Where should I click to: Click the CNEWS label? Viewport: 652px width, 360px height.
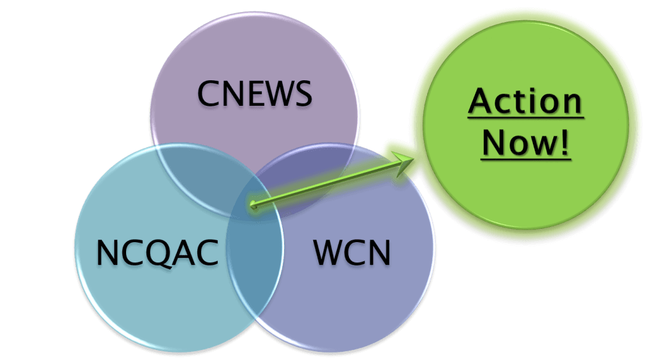click(255, 94)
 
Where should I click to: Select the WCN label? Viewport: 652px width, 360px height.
click(352, 253)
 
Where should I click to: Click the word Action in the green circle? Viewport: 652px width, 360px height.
click(525, 102)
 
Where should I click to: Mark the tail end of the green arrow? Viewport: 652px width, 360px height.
click(253, 205)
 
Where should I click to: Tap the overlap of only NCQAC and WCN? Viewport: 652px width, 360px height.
click(255, 268)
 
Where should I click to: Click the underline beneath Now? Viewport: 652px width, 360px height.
click(525, 158)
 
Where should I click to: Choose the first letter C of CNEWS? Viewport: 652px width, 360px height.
click(208, 94)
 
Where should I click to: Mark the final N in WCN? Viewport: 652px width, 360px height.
click(378, 253)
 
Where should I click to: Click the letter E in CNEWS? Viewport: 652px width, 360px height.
click(253, 94)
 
